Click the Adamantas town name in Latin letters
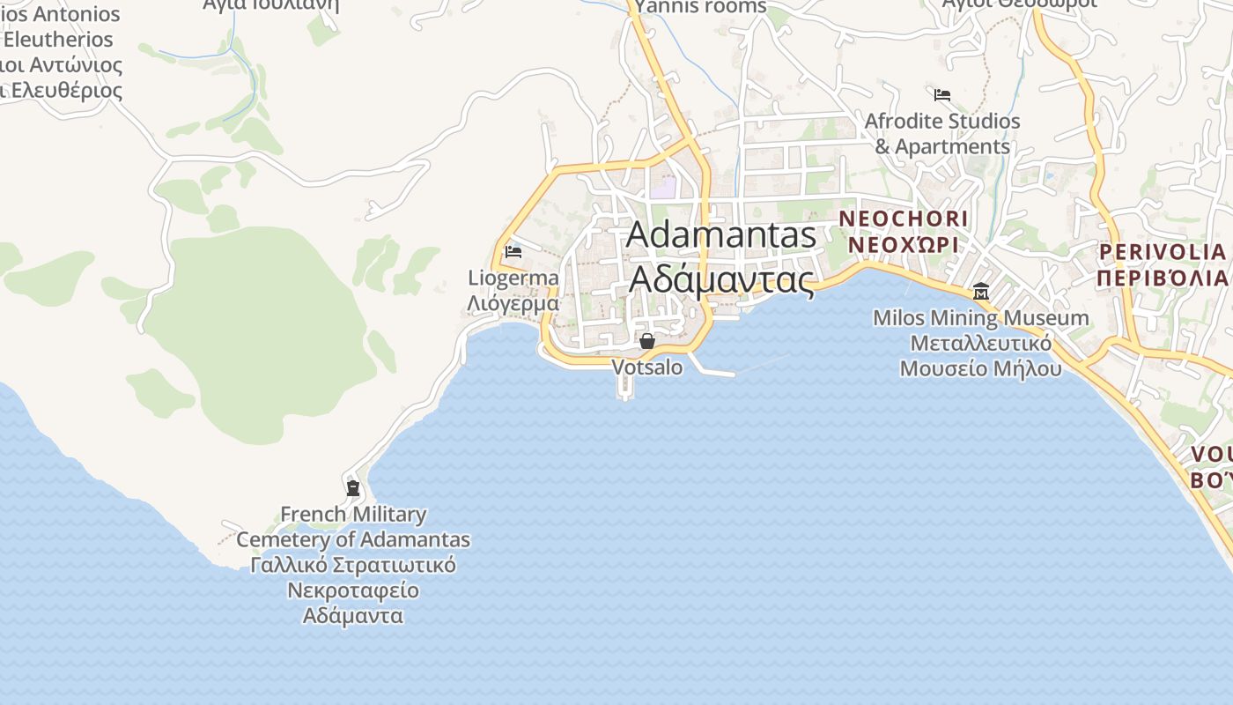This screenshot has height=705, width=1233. (x=721, y=235)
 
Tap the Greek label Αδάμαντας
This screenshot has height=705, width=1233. (x=721, y=279)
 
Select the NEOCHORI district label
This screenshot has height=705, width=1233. (x=903, y=218)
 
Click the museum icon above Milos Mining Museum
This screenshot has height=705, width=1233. (x=980, y=292)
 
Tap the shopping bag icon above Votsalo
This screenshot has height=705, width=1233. (x=647, y=341)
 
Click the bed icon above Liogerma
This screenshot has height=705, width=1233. (x=513, y=252)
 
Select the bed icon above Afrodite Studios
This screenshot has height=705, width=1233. (x=942, y=94)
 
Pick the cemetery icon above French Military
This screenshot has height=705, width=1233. (x=353, y=487)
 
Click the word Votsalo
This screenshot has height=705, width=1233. (x=646, y=367)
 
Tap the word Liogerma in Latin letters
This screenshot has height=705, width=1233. (x=513, y=278)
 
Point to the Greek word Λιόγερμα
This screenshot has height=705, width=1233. (x=513, y=304)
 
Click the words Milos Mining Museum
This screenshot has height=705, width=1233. (x=980, y=317)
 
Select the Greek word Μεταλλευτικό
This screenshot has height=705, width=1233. (x=980, y=343)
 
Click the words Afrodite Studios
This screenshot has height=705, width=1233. (x=942, y=121)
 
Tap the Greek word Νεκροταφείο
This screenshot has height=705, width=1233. (x=353, y=590)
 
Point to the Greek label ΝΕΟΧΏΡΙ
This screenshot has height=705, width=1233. (x=903, y=244)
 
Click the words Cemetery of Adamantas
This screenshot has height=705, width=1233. (x=353, y=539)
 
